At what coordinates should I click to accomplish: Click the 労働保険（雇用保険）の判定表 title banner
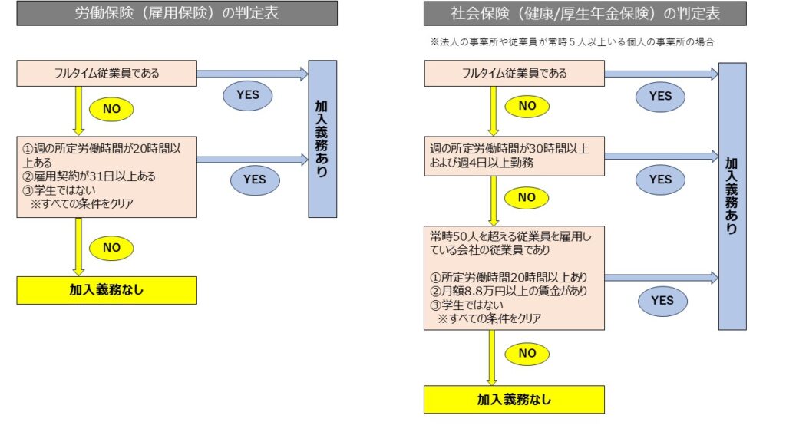click(177, 13)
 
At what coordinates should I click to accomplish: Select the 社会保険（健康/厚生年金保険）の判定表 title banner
click(585, 13)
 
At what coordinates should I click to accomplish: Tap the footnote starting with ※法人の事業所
click(572, 42)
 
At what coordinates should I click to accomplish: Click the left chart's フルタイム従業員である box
click(107, 73)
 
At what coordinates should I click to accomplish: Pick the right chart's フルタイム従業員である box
click(514, 73)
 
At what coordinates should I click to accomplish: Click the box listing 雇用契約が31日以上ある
click(107, 177)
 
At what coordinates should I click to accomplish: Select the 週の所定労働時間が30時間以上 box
click(514, 156)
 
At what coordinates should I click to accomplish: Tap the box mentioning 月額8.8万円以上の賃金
click(514, 278)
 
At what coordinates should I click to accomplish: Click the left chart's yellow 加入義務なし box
click(107, 290)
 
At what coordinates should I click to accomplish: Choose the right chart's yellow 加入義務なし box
click(514, 399)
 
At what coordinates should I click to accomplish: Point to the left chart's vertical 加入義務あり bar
click(322, 139)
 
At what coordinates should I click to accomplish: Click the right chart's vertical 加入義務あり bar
click(732, 196)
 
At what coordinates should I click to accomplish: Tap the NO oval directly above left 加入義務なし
click(111, 248)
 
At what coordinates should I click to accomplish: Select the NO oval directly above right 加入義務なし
click(527, 353)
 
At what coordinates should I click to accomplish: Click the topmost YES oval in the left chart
click(248, 95)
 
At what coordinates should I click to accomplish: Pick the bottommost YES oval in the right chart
click(662, 301)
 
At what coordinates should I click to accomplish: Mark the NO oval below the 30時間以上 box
click(527, 197)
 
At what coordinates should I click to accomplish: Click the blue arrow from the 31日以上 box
click(253, 160)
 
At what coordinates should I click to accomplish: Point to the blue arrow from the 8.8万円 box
click(662, 278)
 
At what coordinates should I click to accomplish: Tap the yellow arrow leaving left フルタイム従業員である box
click(79, 110)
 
